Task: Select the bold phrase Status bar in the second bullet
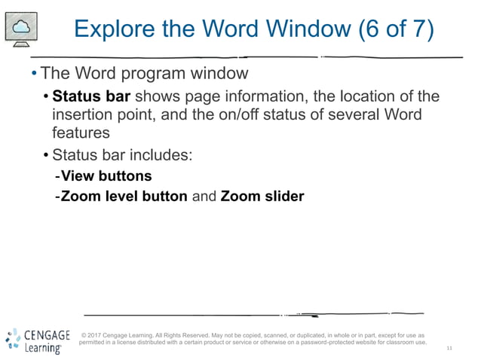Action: tap(90, 97)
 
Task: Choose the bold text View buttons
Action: tap(106, 176)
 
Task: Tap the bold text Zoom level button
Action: tap(124, 197)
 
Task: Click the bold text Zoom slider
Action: tap(262, 197)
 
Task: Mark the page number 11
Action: tap(449, 348)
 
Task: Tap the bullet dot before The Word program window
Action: tap(34, 74)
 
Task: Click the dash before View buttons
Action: tap(57, 176)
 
